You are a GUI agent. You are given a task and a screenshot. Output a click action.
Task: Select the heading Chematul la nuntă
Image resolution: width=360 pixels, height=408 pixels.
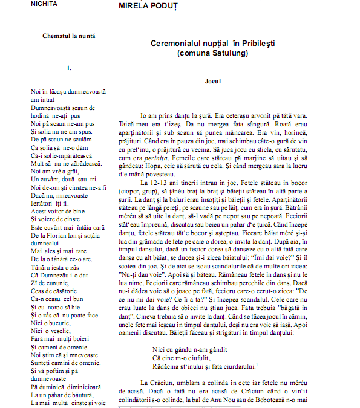(69, 36)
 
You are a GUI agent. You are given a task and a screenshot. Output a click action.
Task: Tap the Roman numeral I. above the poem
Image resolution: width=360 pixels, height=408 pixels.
(70, 68)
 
